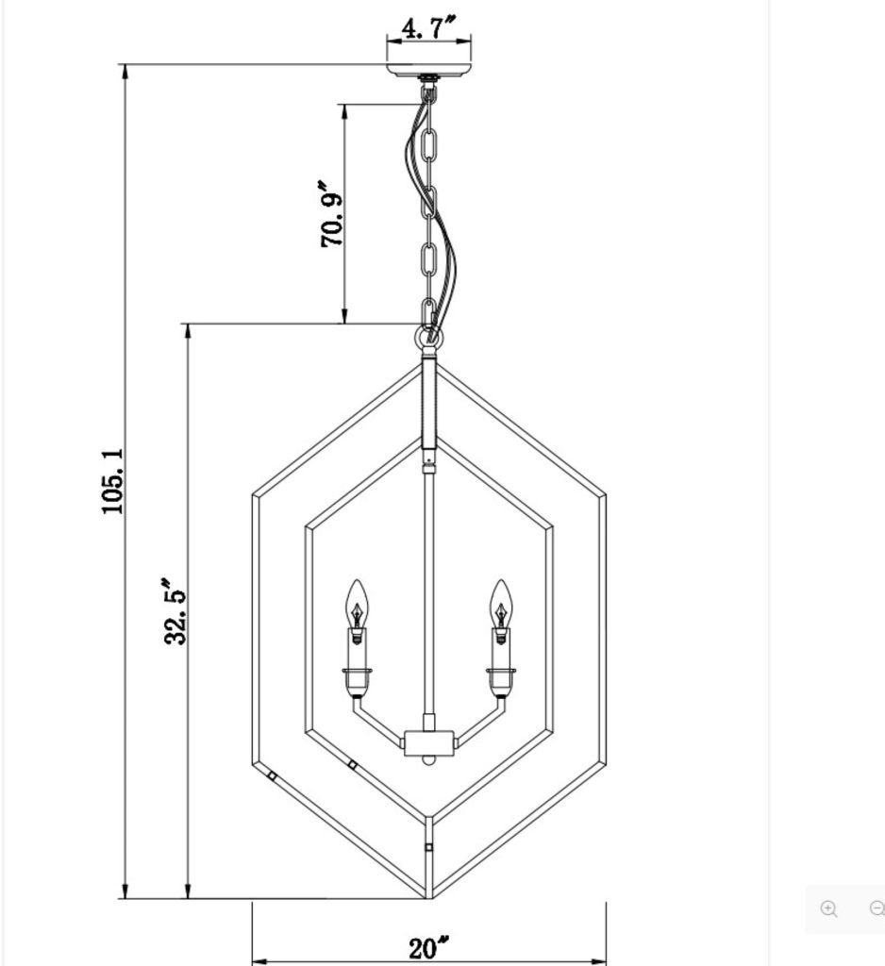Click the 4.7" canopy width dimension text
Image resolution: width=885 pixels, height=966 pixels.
[429, 27]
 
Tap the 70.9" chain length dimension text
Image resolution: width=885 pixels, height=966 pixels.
[332, 215]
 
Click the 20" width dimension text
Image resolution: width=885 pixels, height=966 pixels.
[429, 947]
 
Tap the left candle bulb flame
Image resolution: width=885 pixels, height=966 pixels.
[356, 602]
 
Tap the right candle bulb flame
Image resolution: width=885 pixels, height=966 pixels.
[499, 602]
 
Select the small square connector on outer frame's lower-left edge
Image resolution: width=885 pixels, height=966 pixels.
[272, 777]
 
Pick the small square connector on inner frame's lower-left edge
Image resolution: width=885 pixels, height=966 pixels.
[352, 763]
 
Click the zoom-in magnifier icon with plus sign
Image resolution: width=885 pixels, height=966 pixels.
[828, 908]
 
